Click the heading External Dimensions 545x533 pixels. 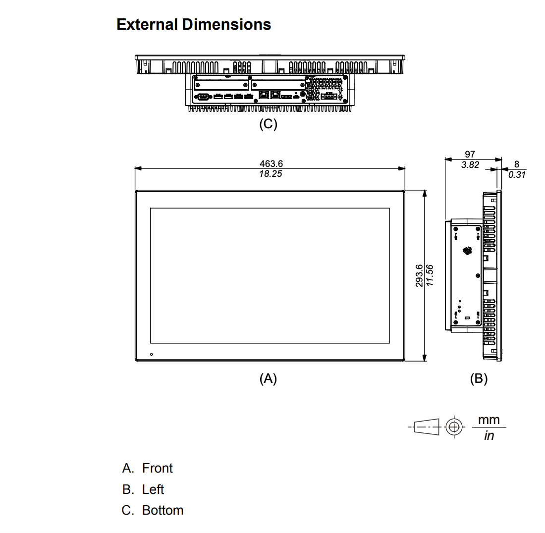[x=194, y=24]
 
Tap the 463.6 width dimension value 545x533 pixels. [x=271, y=163]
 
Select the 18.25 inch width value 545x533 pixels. [x=271, y=174]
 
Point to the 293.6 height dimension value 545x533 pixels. [x=419, y=275]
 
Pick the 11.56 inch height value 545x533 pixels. [x=430, y=275]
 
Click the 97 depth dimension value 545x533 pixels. [x=470, y=154]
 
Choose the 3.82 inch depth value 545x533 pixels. [x=470, y=164]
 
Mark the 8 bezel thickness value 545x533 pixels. [x=516, y=164]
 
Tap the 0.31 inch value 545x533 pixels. [x=517, y=174]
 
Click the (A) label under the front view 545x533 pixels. [x=268, y=378]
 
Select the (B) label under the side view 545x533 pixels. [x=479, y=378]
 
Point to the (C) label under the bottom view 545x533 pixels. [x=268, y=124]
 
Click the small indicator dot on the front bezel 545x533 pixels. [x=152, y=354]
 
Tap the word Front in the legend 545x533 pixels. [x=157, y=469]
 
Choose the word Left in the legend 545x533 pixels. [x=153, y=489]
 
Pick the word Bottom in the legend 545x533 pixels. [x=163, y=510]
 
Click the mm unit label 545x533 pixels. [x=489, y=420]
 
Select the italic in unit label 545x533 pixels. [x=489, y=435]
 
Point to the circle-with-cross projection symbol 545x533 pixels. [x=454, y=426]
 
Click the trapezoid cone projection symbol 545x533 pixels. [x=427, y=426]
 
